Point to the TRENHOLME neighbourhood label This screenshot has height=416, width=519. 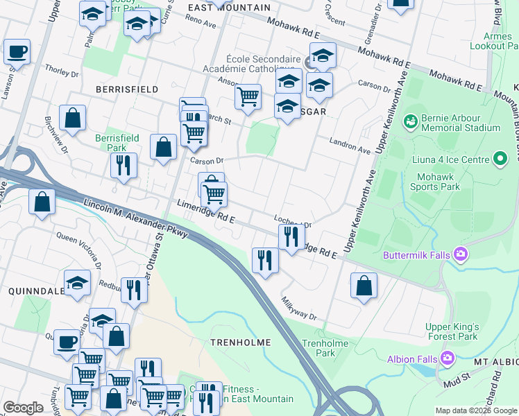(240, 343)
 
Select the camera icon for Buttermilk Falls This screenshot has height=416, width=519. (459, 255)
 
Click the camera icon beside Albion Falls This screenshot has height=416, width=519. (448, 358)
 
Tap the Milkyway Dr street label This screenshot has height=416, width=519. (299, 309)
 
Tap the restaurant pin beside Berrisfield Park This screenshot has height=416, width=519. (124, 166)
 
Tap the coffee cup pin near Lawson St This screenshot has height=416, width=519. (17, 52)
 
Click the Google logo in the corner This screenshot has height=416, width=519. (23, 408)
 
